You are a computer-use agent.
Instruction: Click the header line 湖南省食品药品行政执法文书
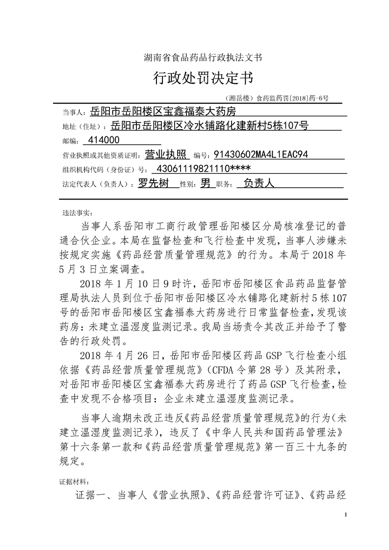(x=194, y=57)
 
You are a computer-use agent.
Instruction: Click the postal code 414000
(x=103, y=141)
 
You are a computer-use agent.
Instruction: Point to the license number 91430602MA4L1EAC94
(x=261, y=155)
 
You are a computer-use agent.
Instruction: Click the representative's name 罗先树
(x=153, y=184)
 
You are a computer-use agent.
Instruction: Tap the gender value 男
(x=206, y=184)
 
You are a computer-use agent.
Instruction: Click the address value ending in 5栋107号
(x=210, y=126)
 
